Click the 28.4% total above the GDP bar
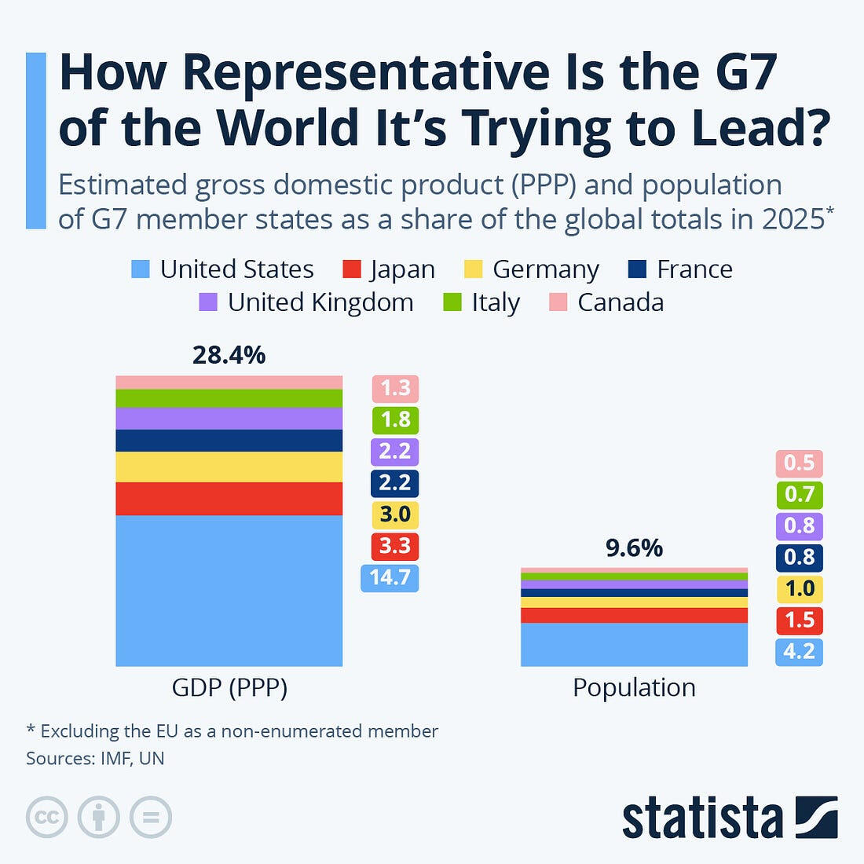pos(229,355)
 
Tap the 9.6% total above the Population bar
pos(634,547)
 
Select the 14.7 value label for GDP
pos(390,577)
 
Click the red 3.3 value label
pos(395,546)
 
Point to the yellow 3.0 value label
pos(395,514)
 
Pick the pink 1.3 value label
pos(395,389)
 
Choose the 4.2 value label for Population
pos(799,652)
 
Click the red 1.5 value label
pos(799,621)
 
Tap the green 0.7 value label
pos(799,495)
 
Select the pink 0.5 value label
pos(799,463)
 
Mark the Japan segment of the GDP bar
pos(229,499)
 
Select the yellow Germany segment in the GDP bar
pos(229,467)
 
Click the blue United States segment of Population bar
pos(634,644)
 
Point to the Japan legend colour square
pos(351,269)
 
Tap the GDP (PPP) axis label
pos(229,688)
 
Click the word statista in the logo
pos(702,819)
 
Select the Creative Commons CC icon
pos(47,818)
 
